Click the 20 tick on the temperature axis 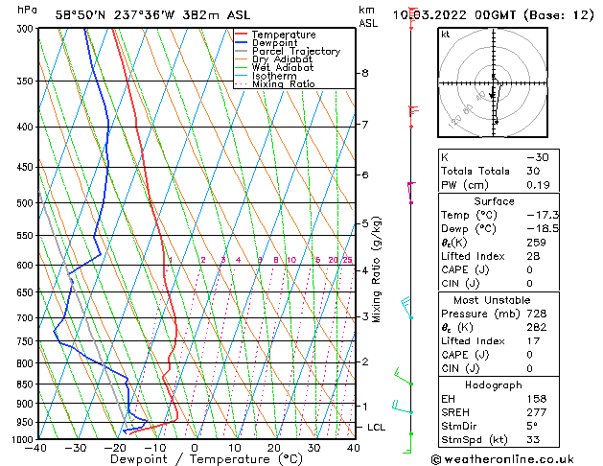tap(274, 448)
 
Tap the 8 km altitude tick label tap(365, 73)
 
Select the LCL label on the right tap(377, 427)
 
